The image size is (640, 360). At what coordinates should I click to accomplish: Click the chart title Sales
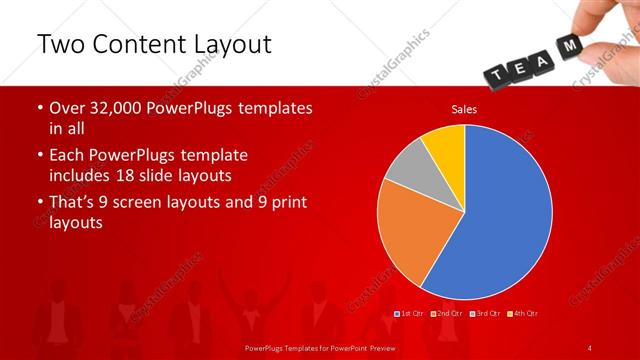(x=464, y=109)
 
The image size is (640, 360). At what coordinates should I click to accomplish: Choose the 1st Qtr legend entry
(x=411, y=314)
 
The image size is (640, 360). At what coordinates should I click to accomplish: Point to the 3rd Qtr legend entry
(x=485, y=314)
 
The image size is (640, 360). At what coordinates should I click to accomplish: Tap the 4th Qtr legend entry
(x=522, y=314)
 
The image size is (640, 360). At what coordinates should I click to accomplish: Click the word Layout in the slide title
(x=224, y=46)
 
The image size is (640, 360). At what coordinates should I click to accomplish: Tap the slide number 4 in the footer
(x=590, y=347)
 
